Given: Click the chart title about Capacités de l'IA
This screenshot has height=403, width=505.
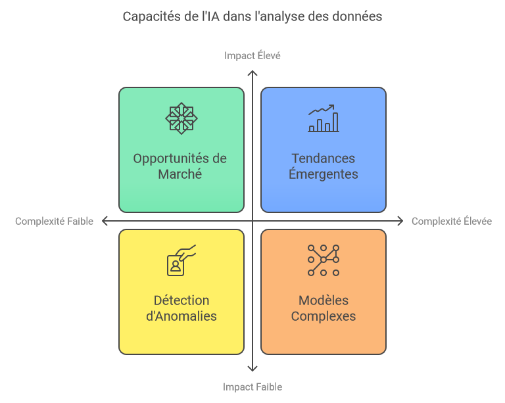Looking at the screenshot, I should [x=252, y=16].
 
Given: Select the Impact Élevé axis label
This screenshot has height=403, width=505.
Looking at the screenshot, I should [x=252, y=55].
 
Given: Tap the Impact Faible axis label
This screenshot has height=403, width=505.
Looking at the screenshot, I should [x=252, y=387].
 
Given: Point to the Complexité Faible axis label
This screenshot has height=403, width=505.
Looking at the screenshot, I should [x=54, y=221].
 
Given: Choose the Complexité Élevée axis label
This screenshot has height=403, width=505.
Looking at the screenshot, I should [x=452, y=221].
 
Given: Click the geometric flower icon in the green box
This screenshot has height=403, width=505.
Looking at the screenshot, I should [x=181, y=119].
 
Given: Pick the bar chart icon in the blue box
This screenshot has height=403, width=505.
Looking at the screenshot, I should [x=324, y=119].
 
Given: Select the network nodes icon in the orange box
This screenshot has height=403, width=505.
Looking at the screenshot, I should [x=324, y=260].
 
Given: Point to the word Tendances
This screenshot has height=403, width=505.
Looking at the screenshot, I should [x=324, y=158].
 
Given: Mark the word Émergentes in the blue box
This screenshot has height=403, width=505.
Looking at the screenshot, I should [x=324, y=174].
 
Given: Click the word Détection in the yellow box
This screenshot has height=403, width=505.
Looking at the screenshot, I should [x=181, y=300].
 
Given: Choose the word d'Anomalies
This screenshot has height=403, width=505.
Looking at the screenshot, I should [x=181, y=316].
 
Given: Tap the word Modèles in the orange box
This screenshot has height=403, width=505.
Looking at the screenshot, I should [x=324, y=300].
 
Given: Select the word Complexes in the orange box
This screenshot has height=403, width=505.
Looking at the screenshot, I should [x=324, y=316].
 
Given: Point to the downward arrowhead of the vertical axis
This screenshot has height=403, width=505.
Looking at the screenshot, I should [x=252, y=369].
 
